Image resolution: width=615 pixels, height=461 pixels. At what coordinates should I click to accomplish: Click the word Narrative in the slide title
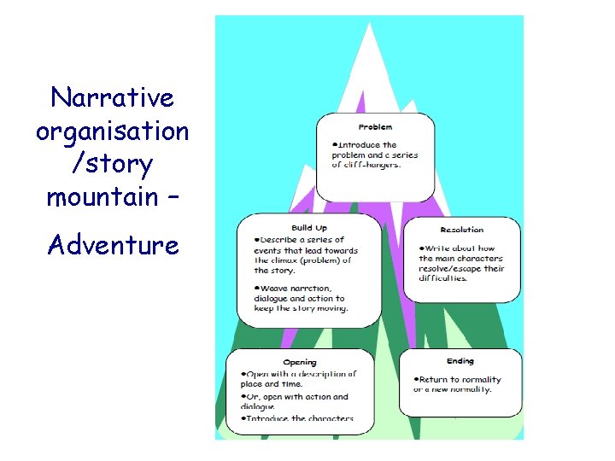[112, 97]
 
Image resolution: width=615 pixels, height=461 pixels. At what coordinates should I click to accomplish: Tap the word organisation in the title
[112, 131]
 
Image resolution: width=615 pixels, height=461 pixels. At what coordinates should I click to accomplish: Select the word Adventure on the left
[114, 245]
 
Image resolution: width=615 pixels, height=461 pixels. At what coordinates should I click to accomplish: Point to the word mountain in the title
[101, 198]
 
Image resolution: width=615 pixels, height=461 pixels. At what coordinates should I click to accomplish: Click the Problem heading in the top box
[375, 127]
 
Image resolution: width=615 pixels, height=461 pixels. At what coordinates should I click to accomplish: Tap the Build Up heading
[308, 228]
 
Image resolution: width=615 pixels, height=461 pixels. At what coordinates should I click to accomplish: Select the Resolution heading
[461, 230]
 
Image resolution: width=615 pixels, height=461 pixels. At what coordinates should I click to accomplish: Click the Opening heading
[300, 363]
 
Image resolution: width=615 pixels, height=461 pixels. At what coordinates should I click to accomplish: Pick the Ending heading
[460, 362]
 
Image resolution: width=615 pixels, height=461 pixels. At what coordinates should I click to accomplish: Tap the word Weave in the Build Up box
[272, 289]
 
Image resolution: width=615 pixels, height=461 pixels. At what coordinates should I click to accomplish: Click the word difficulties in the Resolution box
[442, 278]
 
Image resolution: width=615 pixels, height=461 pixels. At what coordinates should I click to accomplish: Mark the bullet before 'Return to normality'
[415, 379]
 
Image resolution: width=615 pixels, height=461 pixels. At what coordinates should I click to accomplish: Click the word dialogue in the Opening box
[258, 407]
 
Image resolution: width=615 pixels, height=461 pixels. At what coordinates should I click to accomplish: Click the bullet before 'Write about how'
[421, 248]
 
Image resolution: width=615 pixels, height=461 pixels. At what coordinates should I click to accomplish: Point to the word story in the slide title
[128, 164]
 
